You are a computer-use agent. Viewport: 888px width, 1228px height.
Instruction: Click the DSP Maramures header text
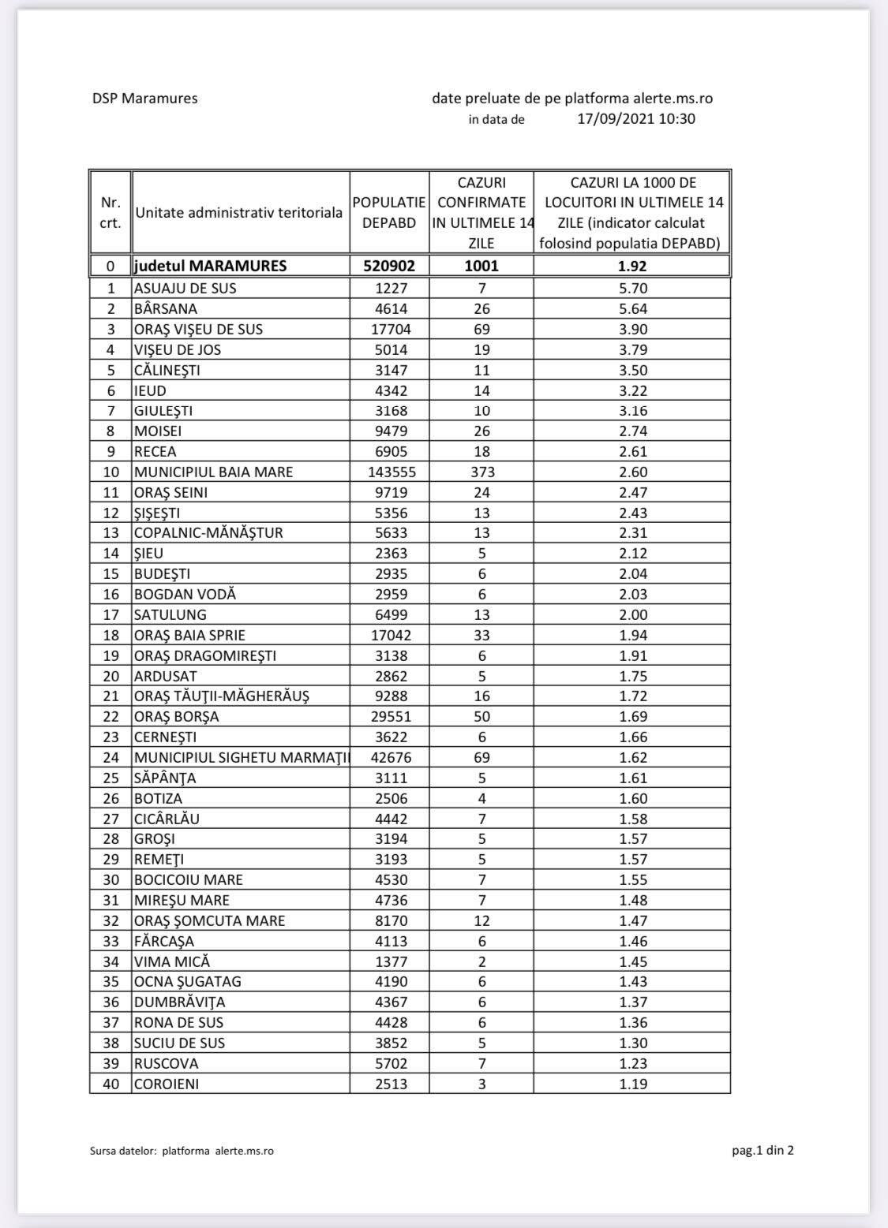click(144, 99)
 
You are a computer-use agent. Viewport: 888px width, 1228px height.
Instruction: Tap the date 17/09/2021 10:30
click(636, 119)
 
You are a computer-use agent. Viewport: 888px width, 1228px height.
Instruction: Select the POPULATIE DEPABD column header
click(389, 213)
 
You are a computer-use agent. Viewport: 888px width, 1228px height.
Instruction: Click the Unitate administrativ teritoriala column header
click(239, 213)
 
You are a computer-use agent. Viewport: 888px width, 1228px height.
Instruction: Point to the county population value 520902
click(389, 266)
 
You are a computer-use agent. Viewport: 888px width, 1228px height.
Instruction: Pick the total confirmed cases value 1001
click(481, 266)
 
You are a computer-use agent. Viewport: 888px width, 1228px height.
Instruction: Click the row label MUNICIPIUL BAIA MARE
click(213, 472)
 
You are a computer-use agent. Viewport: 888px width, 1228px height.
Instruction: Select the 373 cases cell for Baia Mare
click(481, 472)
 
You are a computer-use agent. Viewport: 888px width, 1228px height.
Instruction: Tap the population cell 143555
click(389, 472)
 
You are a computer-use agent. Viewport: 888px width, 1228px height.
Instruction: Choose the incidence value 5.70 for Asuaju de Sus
click(633, 289)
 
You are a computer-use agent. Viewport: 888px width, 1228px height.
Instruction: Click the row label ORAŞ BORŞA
click(176, 717)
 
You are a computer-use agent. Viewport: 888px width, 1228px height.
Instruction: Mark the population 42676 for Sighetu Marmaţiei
click(389, 758)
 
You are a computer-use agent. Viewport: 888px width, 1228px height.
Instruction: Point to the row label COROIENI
click(166, 1084)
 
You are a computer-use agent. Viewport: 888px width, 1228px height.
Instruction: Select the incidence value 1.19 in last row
click(633, 1084)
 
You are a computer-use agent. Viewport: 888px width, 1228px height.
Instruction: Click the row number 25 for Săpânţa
click(111, 778)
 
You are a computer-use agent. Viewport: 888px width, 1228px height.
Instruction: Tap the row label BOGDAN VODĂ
click(185, 595)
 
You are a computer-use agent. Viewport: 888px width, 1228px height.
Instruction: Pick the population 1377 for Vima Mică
click(389, 961)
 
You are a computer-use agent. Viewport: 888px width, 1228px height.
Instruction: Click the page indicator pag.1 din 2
click(762, 1150)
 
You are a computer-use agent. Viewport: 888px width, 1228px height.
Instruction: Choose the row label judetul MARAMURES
click(210, 266)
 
